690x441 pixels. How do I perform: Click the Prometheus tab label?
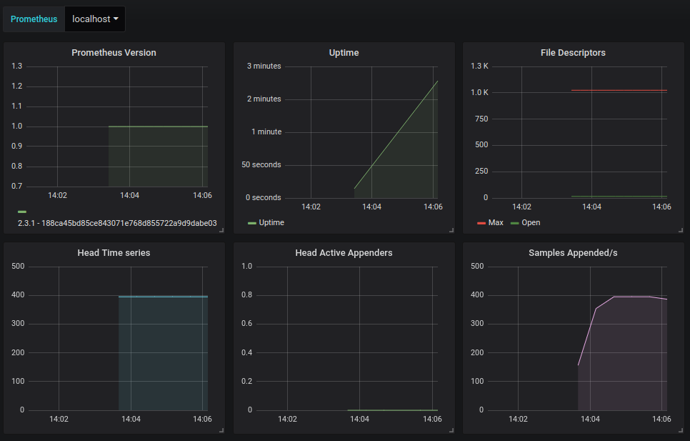(34, 19)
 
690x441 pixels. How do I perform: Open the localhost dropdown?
(95, 19)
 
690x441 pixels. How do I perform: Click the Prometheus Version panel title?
(114, 52)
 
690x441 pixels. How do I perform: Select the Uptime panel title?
(344, 52)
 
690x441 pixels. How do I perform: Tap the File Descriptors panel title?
(573, 52)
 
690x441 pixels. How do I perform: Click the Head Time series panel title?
(114, 252)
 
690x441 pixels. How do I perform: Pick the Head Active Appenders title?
(344, 252)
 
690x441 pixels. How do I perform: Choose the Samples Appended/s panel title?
(573, 252)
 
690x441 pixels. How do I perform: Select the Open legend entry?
(526, 223)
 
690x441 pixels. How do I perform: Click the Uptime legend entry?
(266, 223)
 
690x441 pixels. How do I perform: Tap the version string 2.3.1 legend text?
(117, 223)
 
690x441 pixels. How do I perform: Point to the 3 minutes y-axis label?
(264, 66)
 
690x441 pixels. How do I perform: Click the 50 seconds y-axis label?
(261, 164)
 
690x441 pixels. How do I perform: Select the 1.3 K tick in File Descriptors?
(480, 66)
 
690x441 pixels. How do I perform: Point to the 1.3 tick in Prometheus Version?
(16, 66)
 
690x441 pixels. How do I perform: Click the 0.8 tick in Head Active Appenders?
(247, 295)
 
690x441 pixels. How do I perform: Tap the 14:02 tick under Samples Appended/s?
(518, 419)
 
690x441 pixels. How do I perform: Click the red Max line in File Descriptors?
(619, 90)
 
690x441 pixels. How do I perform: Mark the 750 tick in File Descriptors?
(481, 119)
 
